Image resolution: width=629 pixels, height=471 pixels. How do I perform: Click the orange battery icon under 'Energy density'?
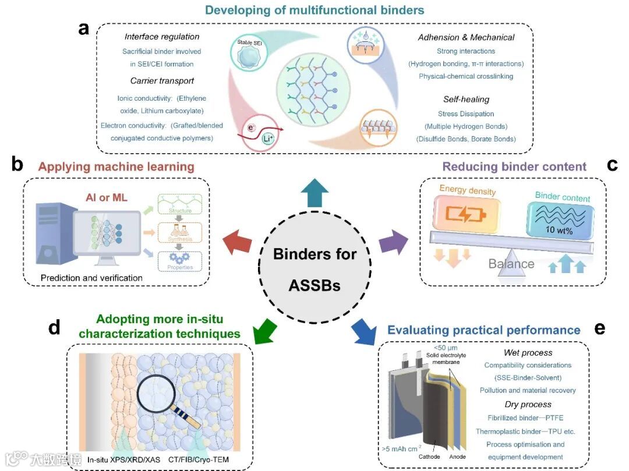464,213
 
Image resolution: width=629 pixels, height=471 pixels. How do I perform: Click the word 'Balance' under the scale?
511,264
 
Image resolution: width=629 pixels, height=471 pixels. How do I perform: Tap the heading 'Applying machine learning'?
116,167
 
